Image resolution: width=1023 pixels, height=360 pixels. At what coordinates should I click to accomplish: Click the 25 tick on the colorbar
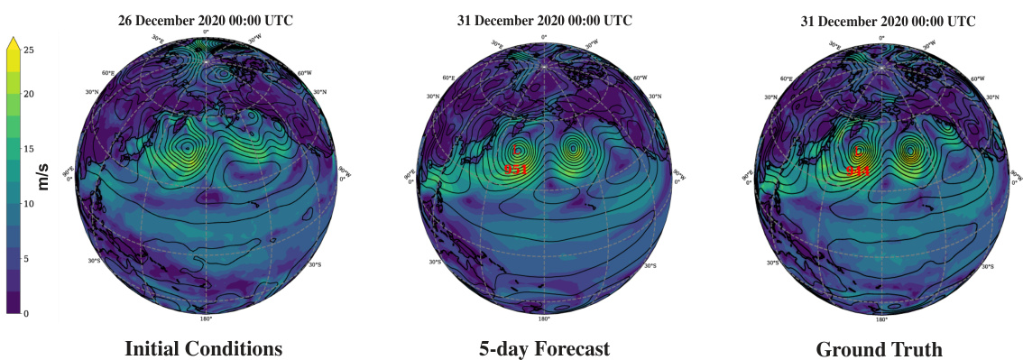[29, 51]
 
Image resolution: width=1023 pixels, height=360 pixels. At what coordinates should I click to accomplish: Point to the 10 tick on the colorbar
[29, 204]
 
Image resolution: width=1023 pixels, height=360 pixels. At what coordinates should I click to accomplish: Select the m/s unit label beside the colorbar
[42, 171]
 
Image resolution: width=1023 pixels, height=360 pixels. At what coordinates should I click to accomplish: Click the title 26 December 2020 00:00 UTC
[204, 18]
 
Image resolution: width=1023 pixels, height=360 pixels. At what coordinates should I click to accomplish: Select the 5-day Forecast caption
[544, 348]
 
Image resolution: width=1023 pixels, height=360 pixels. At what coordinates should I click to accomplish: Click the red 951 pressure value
[516, 169]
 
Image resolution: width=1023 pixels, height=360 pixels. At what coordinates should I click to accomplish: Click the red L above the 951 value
[516, 152]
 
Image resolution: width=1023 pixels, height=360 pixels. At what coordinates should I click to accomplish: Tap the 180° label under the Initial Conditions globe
[206, 318]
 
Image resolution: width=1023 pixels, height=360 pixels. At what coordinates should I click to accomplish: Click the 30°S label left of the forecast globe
[435, 263]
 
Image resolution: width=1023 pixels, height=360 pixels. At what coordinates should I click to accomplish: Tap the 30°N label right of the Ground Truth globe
[992, 97]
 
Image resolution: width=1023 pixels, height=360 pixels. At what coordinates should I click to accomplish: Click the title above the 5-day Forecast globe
[544, 18]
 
